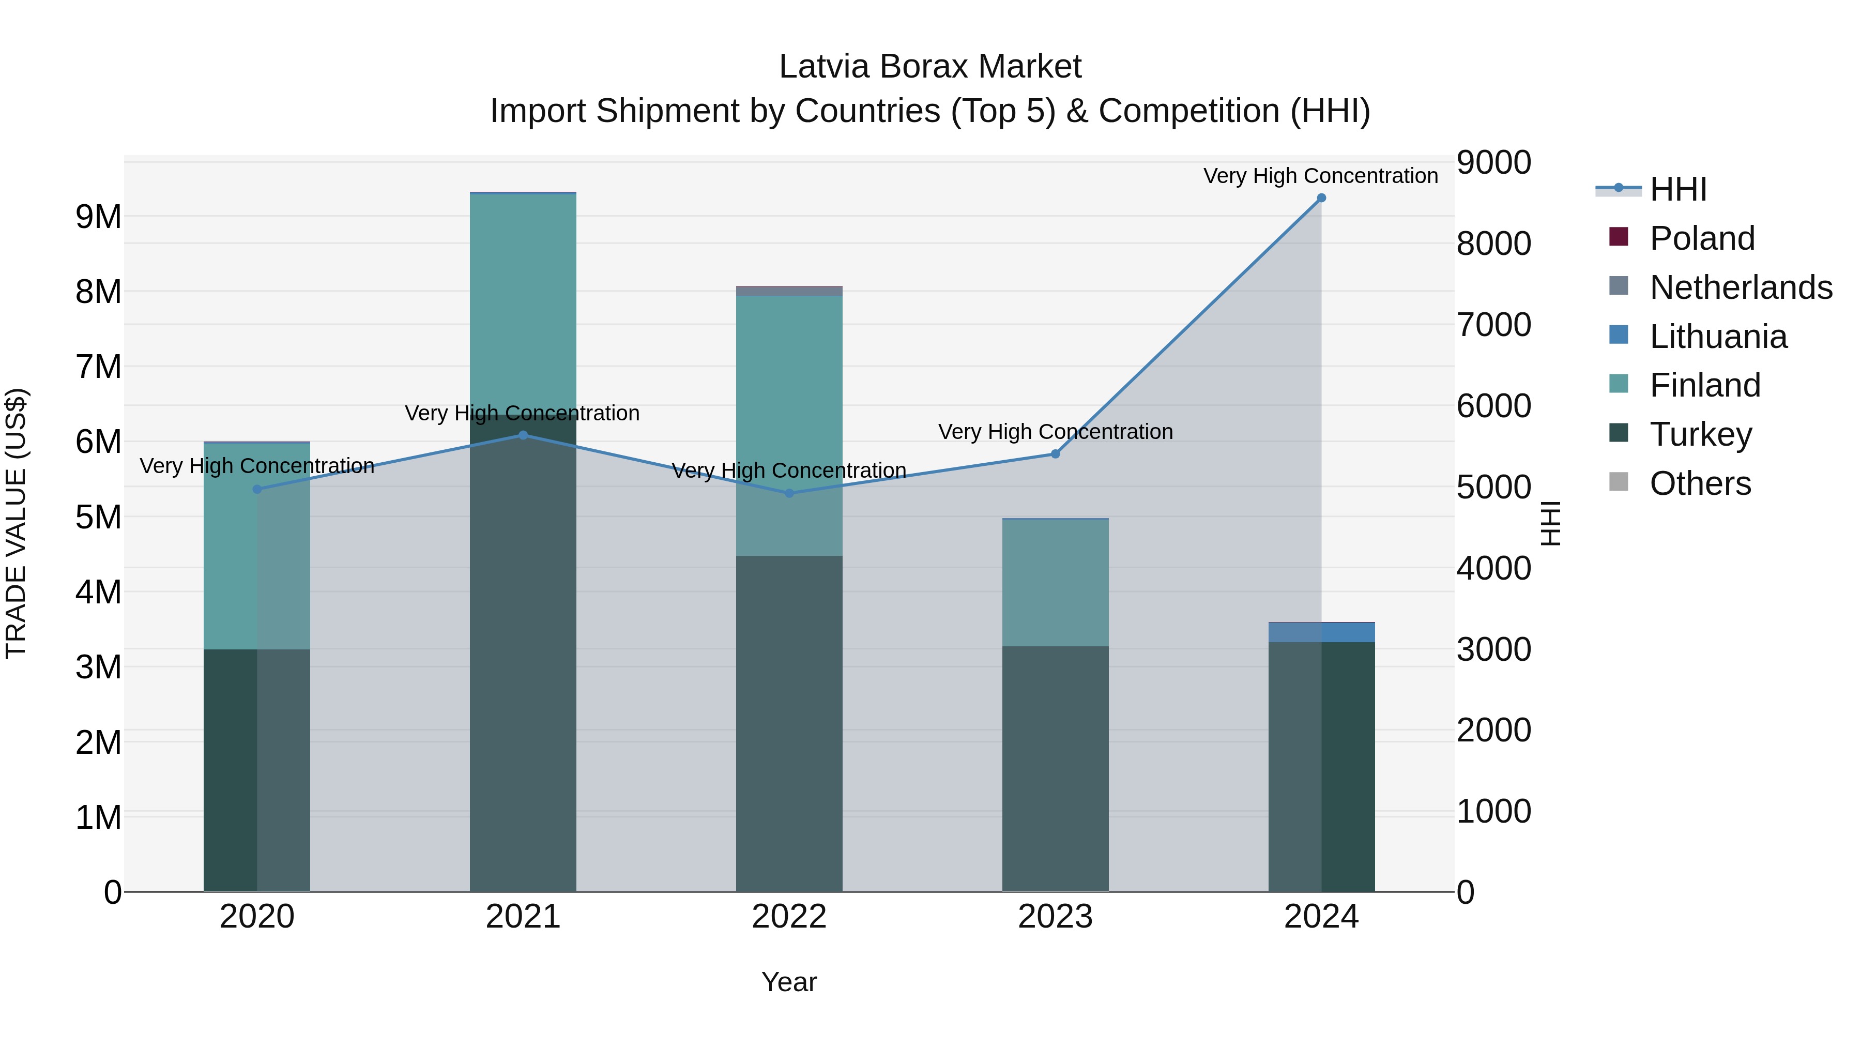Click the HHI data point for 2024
(1321, 198)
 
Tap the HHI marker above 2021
(523, 435)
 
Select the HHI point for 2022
(789, 494)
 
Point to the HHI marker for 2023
(1055, 454)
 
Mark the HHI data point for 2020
(257, 489)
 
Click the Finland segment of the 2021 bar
(523, 304)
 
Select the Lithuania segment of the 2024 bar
(1321, 632)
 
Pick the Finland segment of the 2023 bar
(1055, 582)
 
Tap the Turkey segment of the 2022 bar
(789, 723)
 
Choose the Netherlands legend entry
(1741, 287)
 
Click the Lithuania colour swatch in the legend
(1619, 335)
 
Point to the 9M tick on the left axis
(98, 217)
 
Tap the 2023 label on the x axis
(1055, 917)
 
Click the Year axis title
(789, 982)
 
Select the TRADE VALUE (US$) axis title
(17, 523)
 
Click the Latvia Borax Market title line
(930, 67)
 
